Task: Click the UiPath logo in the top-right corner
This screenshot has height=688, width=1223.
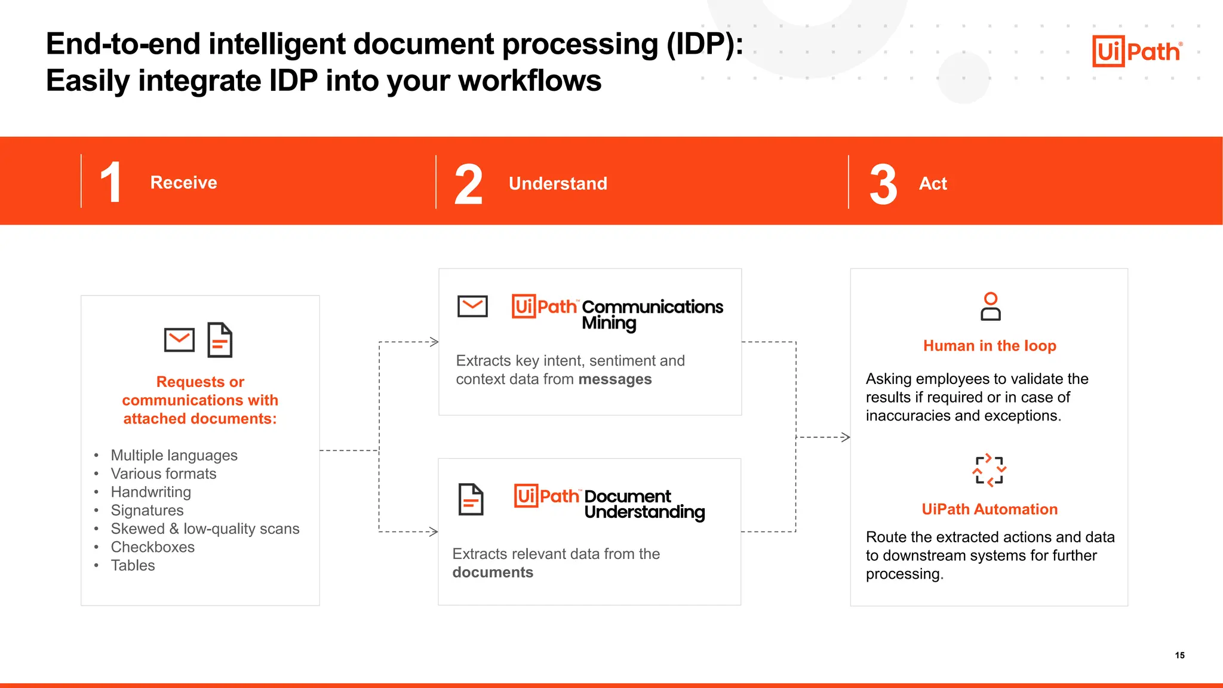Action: (x=1137, y=51)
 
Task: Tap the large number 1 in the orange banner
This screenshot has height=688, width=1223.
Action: (x=111, y=182)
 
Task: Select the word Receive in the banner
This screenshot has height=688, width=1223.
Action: (x=183, y=183)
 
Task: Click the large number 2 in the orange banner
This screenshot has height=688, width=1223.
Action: (x=468, y=185)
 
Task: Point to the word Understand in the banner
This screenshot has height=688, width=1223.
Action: (x=558, y=183)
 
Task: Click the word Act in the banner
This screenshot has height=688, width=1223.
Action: (x=933, y=183)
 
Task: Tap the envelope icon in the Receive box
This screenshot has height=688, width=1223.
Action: (x=179, y=340)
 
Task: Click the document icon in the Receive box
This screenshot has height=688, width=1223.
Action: (x=220, y=340)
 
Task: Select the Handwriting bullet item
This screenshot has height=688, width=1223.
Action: (x=150, y=492)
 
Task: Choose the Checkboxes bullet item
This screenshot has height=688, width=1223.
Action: (x=152, y=547)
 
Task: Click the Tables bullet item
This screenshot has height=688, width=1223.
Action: (x=133, y=566)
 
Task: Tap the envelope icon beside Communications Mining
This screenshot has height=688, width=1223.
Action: (x=472, y=306)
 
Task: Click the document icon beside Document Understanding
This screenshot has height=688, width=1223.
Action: (x=471, y=499)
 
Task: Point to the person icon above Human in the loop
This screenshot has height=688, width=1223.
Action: (x=990, y=306)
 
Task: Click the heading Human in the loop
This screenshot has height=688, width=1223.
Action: (x=990, y=346)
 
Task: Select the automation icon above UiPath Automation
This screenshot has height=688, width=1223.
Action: (x=990, y=470)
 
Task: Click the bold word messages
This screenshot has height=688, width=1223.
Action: (x=614, y=380)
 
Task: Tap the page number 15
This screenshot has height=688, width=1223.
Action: (x=1179, y=655)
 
